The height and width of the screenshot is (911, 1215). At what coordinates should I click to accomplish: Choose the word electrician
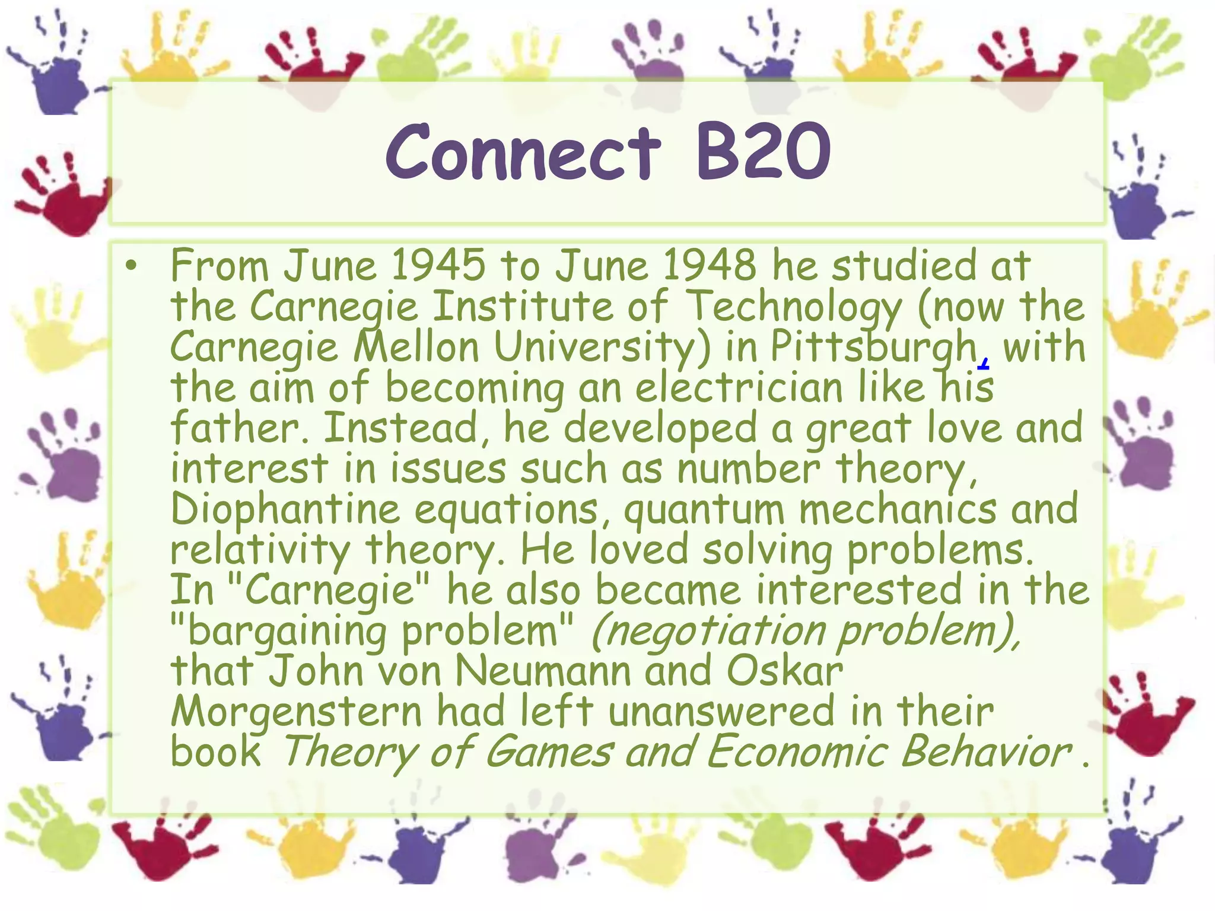point(739,388)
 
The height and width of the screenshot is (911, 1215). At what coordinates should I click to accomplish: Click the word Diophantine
point(285,510)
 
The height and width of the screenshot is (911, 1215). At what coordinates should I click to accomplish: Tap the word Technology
point(796,307)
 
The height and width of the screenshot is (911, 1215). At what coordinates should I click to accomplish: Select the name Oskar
point(785,671)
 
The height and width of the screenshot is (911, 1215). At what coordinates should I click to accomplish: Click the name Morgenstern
point(296,712)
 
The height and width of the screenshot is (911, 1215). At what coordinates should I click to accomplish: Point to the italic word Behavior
point(986,752)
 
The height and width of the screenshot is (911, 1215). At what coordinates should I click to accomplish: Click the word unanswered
point(721,712)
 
